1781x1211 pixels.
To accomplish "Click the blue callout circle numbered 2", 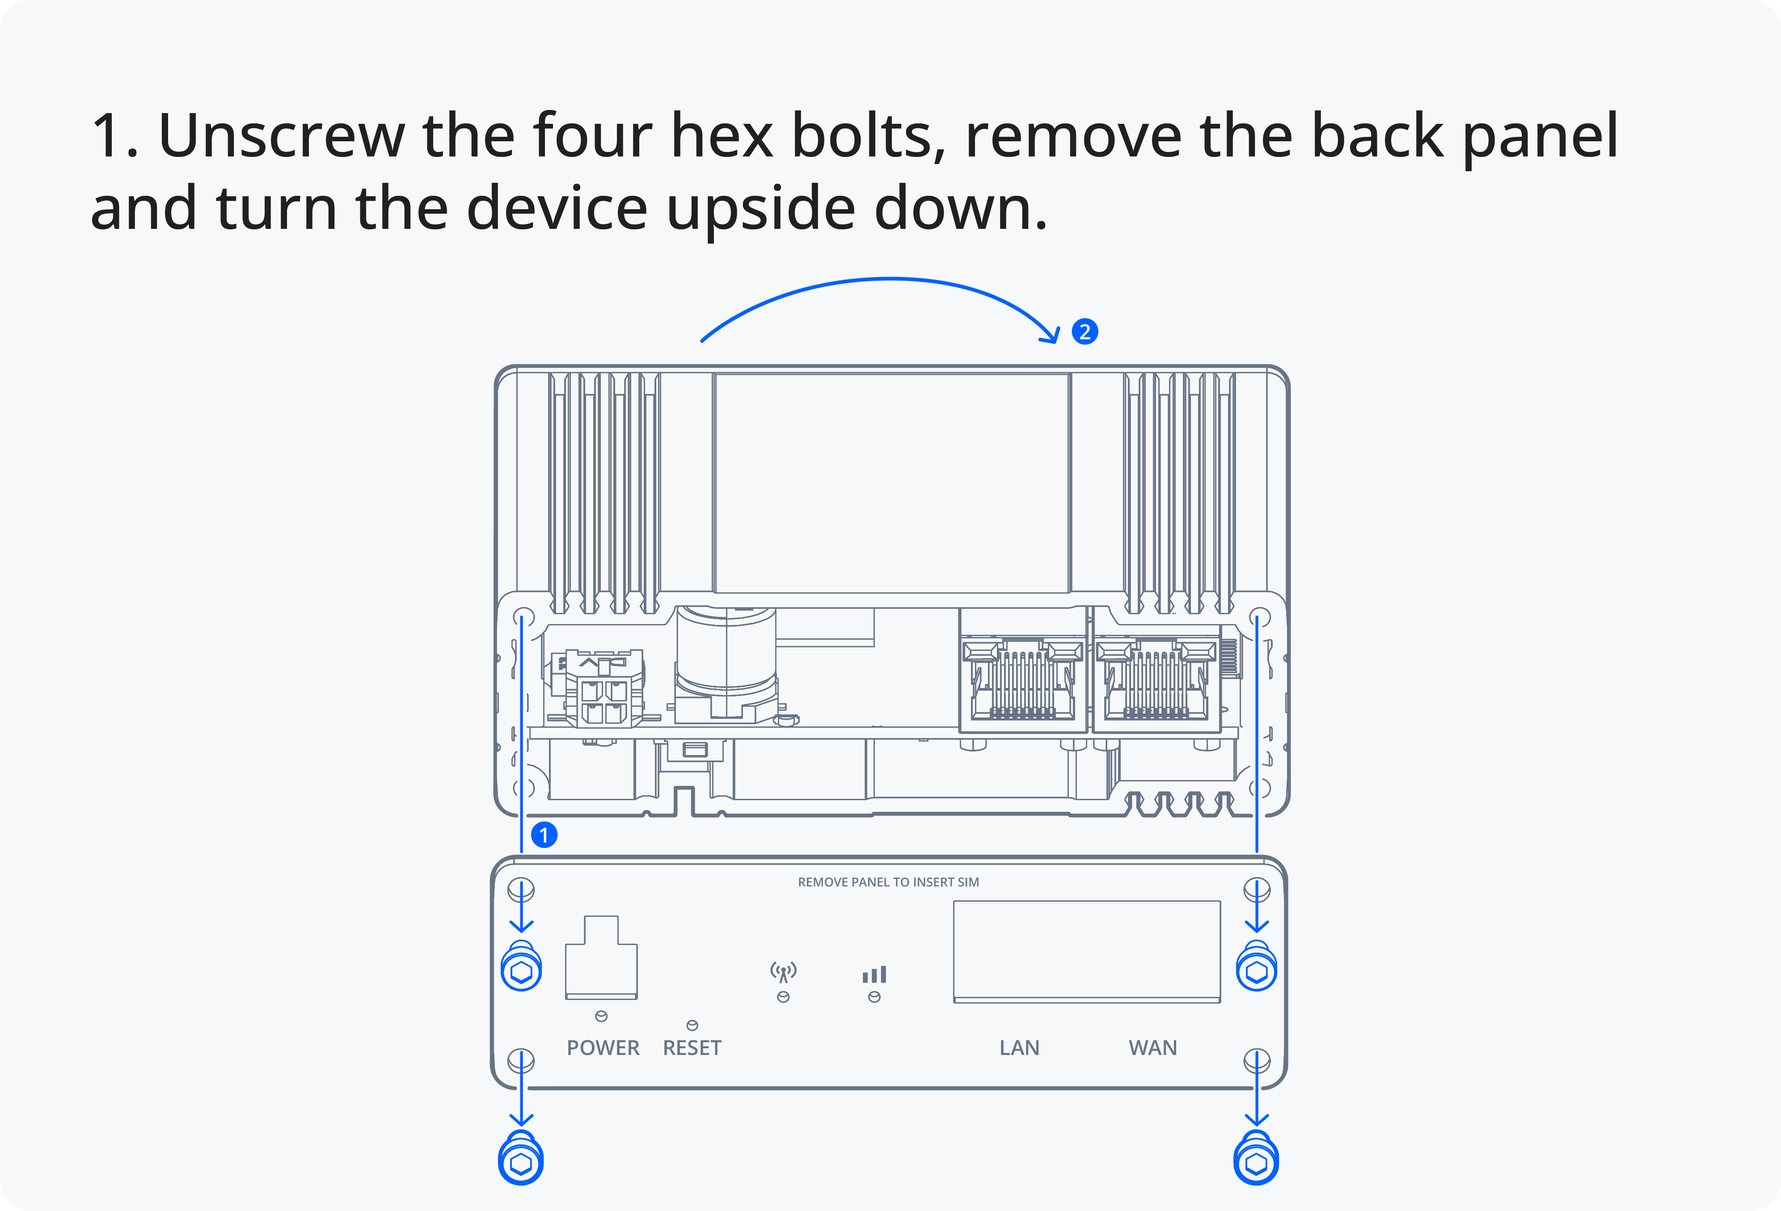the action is click(1085, 332).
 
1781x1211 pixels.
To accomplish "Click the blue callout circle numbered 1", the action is click(544, 835).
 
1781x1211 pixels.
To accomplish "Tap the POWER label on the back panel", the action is click(603, 1048).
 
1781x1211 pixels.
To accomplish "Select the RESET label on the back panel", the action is click(692, 1048).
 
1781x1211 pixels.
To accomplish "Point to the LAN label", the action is click(1019, 1048).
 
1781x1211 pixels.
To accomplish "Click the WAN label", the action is click(1152, 1048).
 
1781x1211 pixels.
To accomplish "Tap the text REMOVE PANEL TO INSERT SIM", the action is click(888, 882).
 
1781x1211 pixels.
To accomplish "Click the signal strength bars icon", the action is click(874, 974).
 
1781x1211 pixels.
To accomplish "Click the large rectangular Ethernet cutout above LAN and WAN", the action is click(1087, 952).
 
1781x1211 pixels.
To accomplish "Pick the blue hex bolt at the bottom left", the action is click(521, 1158).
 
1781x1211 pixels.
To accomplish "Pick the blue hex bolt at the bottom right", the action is click(1256, 1158).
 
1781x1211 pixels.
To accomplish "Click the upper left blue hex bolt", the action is click(521, 967).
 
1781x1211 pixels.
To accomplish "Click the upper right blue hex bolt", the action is click(1257, 967).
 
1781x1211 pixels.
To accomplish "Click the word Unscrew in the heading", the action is click(281, 135).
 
